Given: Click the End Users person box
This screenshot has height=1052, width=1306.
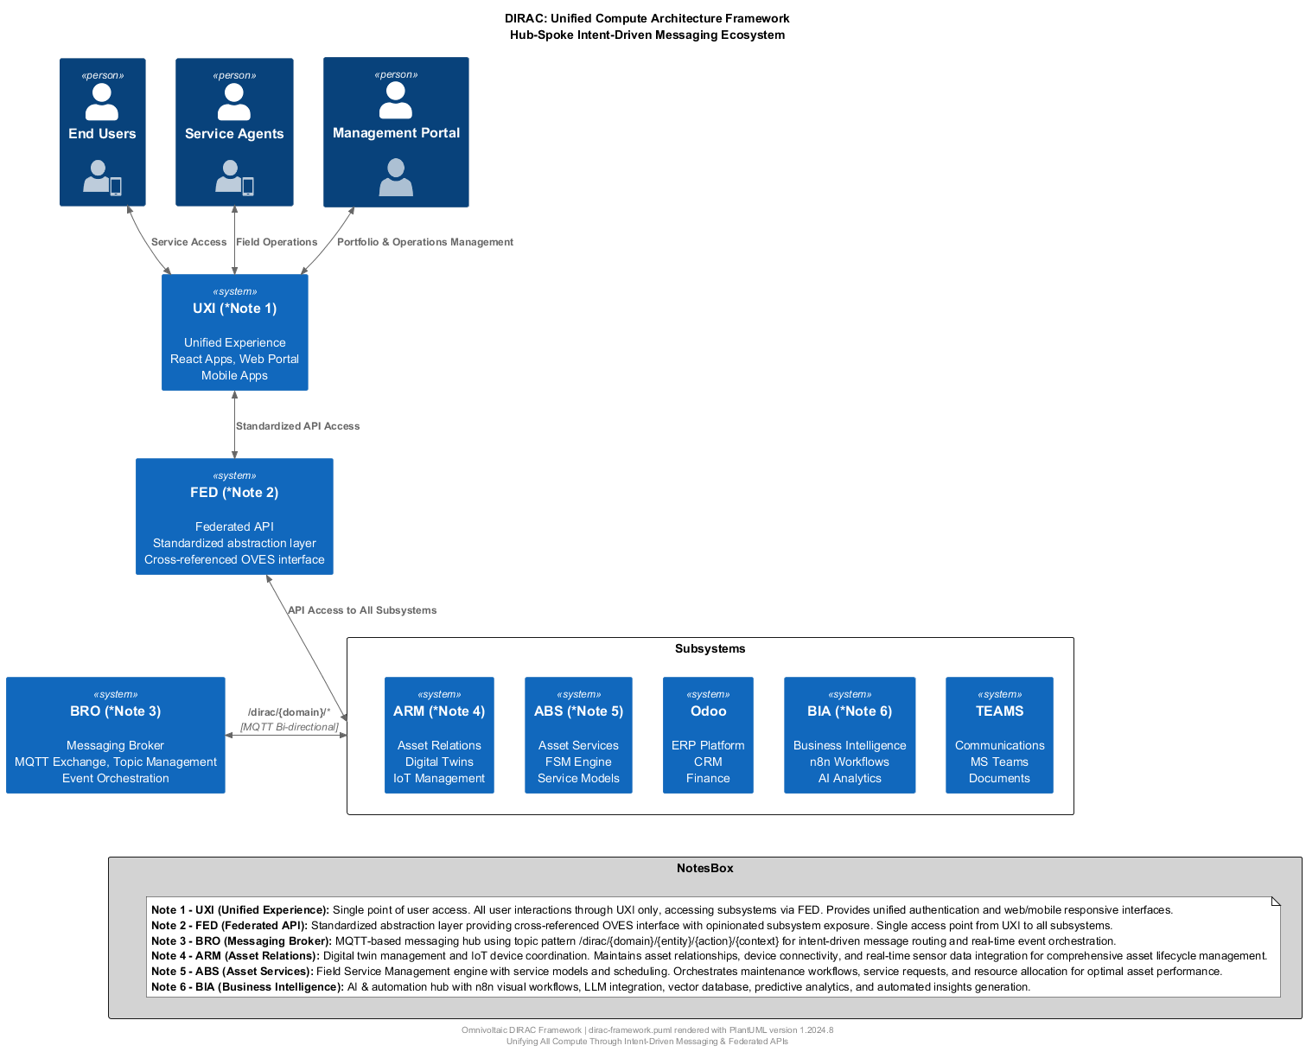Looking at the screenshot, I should coord(102,132).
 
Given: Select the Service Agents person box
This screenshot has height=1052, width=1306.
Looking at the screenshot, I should coord(234,132).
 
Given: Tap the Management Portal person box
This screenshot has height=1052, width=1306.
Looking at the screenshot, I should coord(396,132).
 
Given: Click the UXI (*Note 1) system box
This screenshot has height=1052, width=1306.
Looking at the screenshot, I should coord(234,333).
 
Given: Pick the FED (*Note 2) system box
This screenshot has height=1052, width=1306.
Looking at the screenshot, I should coord(234,516).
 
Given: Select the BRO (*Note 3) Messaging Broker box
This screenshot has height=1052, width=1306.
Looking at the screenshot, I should coord(115,735).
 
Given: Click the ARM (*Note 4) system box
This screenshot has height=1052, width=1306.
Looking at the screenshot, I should coord(439,735).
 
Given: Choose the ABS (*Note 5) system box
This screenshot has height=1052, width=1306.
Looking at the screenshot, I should coord(578,735).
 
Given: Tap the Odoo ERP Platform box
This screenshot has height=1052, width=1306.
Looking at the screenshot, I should coord(708,735).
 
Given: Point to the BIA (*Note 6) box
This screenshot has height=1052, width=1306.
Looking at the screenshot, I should coord(850,735).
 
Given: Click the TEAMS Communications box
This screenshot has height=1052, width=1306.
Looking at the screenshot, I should coord(999,735).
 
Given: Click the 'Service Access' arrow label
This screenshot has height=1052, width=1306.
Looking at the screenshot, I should coord(188,242).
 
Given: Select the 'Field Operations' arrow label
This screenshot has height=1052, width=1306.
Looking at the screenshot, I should coord(277,242).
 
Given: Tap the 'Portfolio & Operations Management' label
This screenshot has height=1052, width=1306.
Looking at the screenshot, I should coord(424,242).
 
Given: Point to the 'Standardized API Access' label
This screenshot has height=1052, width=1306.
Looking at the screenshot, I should coord(297,426).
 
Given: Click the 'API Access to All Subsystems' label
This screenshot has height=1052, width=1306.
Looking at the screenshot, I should coord(362,610).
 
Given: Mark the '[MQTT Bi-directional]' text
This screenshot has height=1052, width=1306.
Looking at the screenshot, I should coord(290,727).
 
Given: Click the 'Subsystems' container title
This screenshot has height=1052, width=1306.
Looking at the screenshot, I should coord(710,648).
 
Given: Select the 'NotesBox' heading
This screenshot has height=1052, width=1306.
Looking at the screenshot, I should coord(704,868).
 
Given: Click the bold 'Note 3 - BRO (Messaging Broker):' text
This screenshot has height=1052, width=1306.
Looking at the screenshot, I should coord(241,940).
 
